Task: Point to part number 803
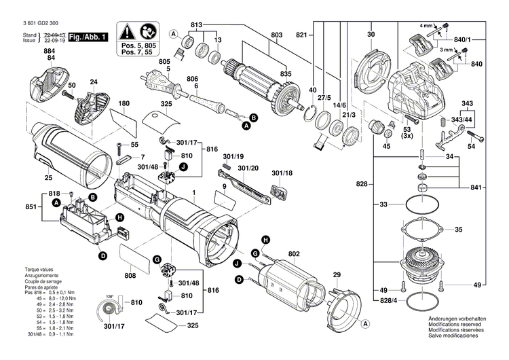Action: tap(276, 35)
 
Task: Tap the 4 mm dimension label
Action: tap(426, 26)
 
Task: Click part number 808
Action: tap(130, 276)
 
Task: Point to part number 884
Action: tap(50, 52)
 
